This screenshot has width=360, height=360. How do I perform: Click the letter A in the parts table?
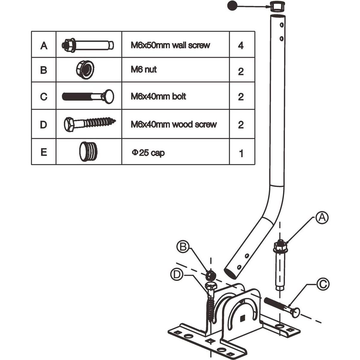tap(44, 45)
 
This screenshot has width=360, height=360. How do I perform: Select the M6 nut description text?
tap(144, 69)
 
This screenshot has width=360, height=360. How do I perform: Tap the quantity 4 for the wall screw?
tap(241, 45)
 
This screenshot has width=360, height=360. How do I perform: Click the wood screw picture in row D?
tap(89, 124)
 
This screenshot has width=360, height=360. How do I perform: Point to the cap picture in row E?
tap(88, 152)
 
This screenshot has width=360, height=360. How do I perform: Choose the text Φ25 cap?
tap(148, 153)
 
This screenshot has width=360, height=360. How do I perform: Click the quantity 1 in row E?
tap(241, 153)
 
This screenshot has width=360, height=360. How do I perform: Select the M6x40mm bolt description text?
tap(158, 96)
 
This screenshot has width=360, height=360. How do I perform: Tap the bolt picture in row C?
tap(88, 96)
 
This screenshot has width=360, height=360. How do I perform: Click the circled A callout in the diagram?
tap(322, 218)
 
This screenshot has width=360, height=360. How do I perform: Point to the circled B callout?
tap(183, 247)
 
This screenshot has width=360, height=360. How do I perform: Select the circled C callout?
tap(322, 284)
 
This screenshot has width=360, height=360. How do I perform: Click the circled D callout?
tap(177, 274)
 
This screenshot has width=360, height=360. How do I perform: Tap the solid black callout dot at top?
tap(232, 5)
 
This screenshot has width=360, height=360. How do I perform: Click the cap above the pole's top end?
tap(277, 6)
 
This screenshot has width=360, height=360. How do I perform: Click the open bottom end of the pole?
tap(230, 273)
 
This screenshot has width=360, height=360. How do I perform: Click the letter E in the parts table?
tap(44, 152)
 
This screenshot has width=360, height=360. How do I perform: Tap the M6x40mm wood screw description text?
tap(174, 124)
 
